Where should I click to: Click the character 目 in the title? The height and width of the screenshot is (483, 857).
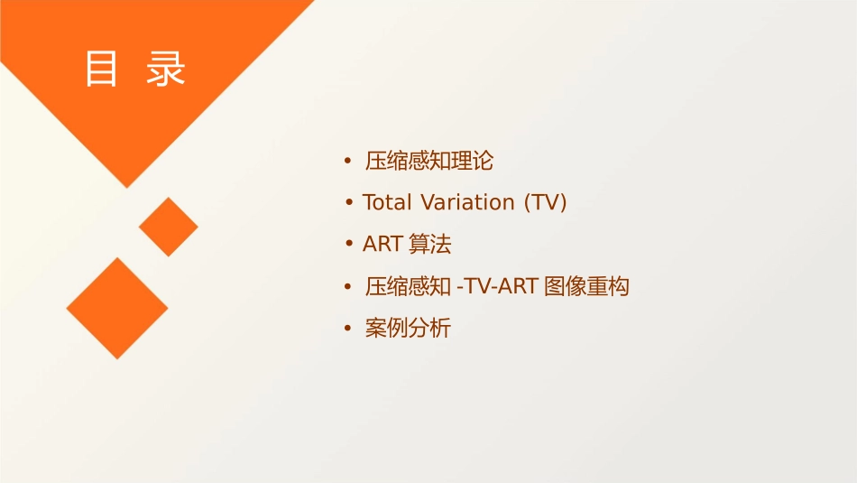[x=102, y=69]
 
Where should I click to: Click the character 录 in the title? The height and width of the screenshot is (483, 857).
[x=166, y=69]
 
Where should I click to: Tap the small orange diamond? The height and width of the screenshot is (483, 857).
[x=169, y=227]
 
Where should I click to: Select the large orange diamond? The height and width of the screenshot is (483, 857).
[x=117, y=308]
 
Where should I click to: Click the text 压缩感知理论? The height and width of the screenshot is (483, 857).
[x=429, y=162]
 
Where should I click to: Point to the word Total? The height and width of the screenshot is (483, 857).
[x=388, y=202]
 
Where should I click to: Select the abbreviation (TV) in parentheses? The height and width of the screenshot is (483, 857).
[x=545, y=202]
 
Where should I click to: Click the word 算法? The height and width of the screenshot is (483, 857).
[x=430, y=244]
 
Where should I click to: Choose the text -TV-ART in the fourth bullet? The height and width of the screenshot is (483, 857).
[x=498, y=287]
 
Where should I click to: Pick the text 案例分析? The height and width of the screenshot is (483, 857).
[x=408, y=329]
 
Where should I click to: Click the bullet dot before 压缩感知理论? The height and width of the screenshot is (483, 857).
[x=348, y=162]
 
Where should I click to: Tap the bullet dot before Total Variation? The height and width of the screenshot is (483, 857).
[x=348, y=202]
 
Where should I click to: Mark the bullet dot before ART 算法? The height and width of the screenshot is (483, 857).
[x=348, y=244]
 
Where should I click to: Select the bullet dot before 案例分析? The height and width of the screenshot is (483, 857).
[x=348, y=329]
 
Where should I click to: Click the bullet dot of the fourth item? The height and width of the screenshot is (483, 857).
[x=348, y=287]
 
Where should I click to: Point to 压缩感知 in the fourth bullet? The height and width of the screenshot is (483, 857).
[x=408, y=287]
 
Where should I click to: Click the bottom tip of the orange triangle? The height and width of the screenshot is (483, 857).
[x=126, y=186]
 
